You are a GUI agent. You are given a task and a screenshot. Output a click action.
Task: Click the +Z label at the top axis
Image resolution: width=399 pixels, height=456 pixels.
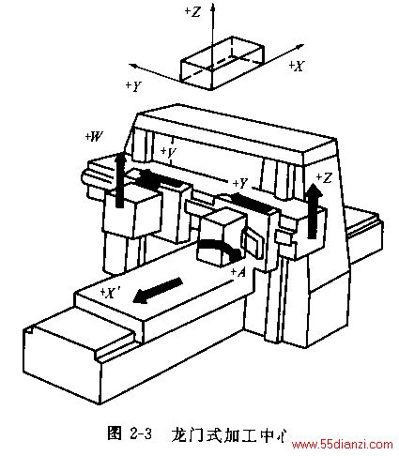coord(192,12)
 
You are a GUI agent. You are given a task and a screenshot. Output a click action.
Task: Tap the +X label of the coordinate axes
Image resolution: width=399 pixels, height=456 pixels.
coord(296,66)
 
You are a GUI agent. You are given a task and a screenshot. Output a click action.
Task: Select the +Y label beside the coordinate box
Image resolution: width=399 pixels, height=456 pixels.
coord(133,86)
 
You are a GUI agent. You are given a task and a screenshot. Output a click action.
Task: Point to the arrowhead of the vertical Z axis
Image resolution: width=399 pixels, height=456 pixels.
coord(213,7)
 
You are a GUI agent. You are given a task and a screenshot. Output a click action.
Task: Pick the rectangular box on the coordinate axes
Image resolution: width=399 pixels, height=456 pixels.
coord(223,63)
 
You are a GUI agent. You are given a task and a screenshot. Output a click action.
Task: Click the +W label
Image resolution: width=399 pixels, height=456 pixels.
coord(95,136)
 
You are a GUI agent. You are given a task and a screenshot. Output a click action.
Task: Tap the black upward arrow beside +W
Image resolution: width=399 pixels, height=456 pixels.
coord(119,179)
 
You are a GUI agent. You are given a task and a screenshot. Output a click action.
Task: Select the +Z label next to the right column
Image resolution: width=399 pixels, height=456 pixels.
coord(324,178)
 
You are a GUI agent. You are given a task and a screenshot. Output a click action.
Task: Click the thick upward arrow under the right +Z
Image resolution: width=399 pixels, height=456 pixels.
coord(313,211)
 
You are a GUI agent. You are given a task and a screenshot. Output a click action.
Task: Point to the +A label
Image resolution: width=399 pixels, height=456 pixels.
coord(238,273)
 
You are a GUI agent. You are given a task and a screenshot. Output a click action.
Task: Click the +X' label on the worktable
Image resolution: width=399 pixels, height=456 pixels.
coord(109,293)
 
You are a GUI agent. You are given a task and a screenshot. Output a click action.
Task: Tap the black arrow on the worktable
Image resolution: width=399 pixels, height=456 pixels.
coord(158,290)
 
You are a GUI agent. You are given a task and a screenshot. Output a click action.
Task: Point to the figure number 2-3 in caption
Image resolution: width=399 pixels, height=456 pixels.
coord(140,433)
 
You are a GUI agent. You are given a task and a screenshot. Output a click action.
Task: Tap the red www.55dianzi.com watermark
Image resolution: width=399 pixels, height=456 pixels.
coord(342,445)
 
